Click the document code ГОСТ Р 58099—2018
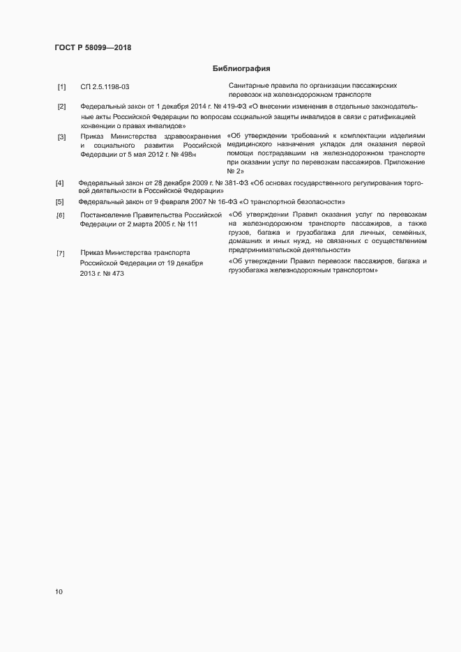pos(93,48)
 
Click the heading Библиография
pos(241,69)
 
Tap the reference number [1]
pos(61,87)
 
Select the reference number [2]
pos(61,107)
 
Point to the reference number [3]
pos(61,137)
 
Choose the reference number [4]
pos(60,183)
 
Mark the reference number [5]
pos(60,202)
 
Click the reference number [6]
pos(61,215)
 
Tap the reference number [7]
pos(61,253)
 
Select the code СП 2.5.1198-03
pos(105,87)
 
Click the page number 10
pos(59,592)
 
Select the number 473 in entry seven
pos(116,274)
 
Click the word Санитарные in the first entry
pos(248,85)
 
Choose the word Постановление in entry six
pos(107,215)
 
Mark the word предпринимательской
pos(266,249)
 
